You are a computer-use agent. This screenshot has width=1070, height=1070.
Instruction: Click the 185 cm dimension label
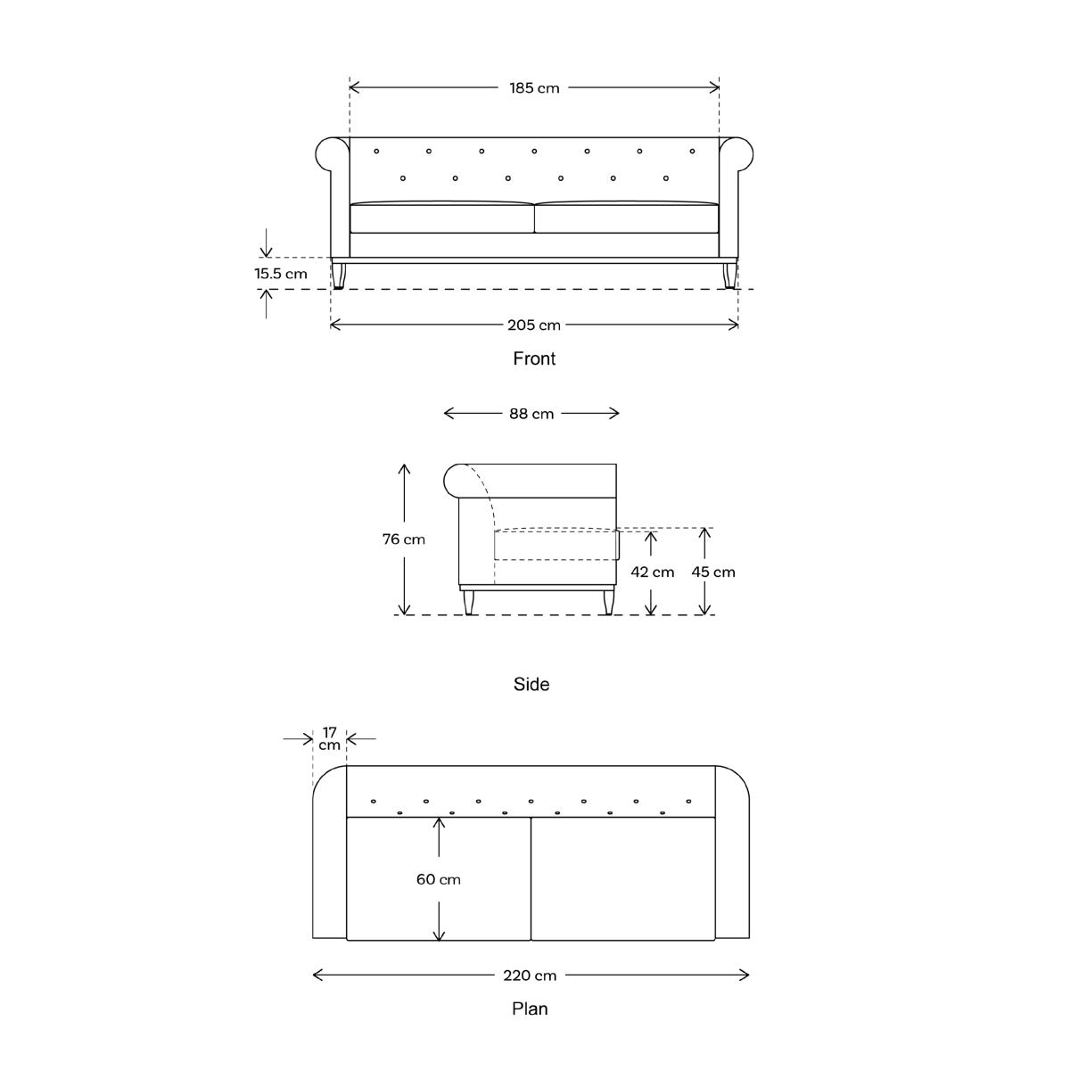[x=534, y=88]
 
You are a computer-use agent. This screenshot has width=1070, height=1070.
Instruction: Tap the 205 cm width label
[x=533, y=325]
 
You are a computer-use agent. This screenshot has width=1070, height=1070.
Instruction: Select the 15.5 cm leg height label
[x=280, y=274]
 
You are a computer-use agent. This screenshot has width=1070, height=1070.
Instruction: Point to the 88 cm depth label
[x=531, y=414]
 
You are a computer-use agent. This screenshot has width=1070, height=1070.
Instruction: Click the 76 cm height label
[x=404, y=539]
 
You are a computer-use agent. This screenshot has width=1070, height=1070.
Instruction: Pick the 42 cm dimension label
[x=652, y=572]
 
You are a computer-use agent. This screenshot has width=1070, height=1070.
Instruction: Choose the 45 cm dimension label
[x=713, y=572]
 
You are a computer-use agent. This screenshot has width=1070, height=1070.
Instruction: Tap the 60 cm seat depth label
[x=438, y=879]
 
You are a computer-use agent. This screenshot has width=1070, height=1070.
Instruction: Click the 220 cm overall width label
[x=530, y=975]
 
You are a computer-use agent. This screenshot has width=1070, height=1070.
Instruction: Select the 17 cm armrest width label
[x=329, y=738]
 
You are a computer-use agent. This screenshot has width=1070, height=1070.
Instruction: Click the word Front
[x=534, y=358]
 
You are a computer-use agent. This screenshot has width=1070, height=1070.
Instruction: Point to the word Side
[x=531, y=684]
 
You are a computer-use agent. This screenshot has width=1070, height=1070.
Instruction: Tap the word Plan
[x=530, y=1008]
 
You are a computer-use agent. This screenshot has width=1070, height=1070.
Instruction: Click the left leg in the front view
[x=338, y=276]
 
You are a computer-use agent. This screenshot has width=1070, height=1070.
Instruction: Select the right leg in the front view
[x=729, y=276]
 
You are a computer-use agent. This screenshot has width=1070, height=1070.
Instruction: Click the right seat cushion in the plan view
[x=623, y=878]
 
